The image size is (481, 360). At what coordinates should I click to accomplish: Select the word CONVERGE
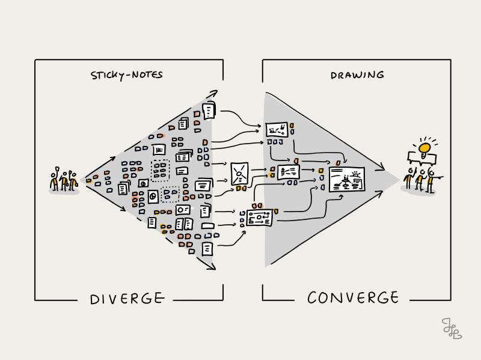point(353,297)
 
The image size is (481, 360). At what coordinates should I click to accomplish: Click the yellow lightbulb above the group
point(425,147)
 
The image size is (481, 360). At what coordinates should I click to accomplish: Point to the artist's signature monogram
point(450,328)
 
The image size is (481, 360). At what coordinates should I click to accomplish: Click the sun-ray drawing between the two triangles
point(240,174)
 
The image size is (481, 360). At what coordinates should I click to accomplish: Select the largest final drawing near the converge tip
point(347,179)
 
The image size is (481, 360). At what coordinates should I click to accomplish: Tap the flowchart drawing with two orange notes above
point(259,218)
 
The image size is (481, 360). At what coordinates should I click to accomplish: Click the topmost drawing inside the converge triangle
point(277,129)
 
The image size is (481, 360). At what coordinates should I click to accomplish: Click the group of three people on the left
point(63,180)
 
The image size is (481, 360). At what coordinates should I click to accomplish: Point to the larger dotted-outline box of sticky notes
point(160,171)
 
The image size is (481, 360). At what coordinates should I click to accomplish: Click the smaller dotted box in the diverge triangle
point(171,194)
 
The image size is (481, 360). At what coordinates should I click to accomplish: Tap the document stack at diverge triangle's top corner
point(209,111)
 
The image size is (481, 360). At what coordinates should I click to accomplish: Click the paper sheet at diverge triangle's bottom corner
point(207,248)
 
